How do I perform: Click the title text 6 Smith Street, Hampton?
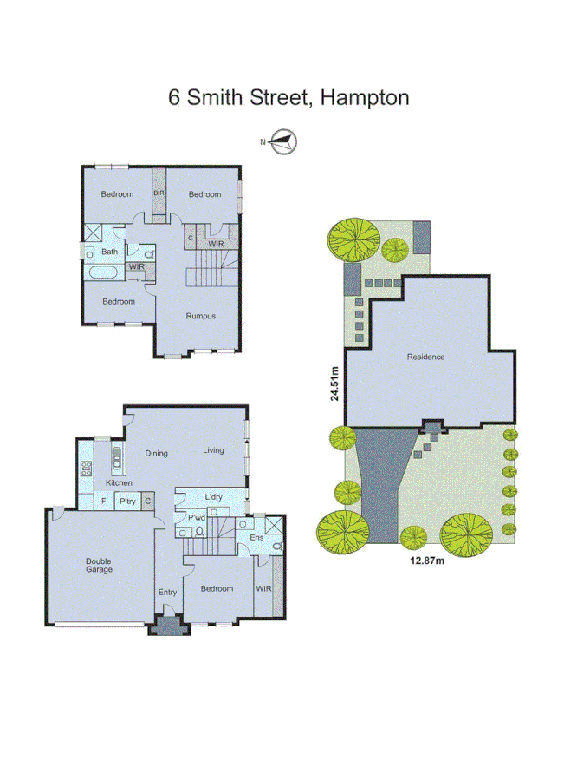(x=288, y=97)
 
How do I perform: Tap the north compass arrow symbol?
(x=282, y=141)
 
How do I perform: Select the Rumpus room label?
(x=200, y=316)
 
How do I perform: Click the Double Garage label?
(x=98, y=565)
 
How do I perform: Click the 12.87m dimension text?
(x=426, y=560)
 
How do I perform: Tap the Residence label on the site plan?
(x=425, y=357)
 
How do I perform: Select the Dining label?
(x=156, y=453)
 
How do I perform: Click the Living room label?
(x=213, y=450)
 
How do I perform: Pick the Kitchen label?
(x=118, y=482)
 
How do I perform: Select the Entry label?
(x=167, y=593)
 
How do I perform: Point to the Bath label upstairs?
(x=110, y=252)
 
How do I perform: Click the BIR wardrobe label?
(x=159, y=193)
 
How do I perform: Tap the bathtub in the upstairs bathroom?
(x=105, y=273)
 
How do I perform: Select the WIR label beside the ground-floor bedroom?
(x=263, y=588)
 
